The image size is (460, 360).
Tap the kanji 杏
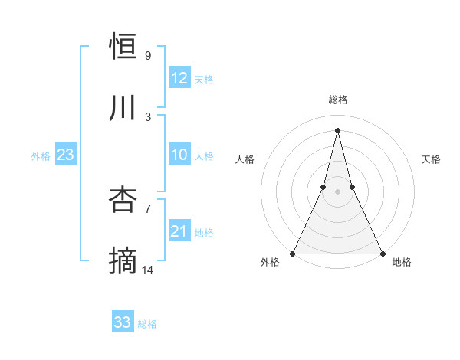(x=123, y=200)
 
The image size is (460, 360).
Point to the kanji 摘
(x=123, y=261)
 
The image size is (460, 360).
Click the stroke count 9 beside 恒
(x=147, y=56)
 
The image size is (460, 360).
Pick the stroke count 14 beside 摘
(x=147, y=270)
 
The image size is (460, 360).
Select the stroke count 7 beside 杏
(x=147, y=208)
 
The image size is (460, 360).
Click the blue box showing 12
(x=179, y=78)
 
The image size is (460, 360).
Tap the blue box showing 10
(x=179, y=155)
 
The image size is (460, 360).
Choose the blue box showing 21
(x=179, y=231)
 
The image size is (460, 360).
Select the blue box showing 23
(x=66, y=155)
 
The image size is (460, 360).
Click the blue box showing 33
(x=123, y=322)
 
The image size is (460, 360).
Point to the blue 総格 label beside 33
(x=147, y=324)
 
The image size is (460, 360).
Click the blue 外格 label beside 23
(x=41, y=156)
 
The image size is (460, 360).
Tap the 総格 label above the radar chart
(x=337, y=100)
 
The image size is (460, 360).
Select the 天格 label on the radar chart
(x=431, y=159)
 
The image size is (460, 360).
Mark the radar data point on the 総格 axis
(x=337, y=129)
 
